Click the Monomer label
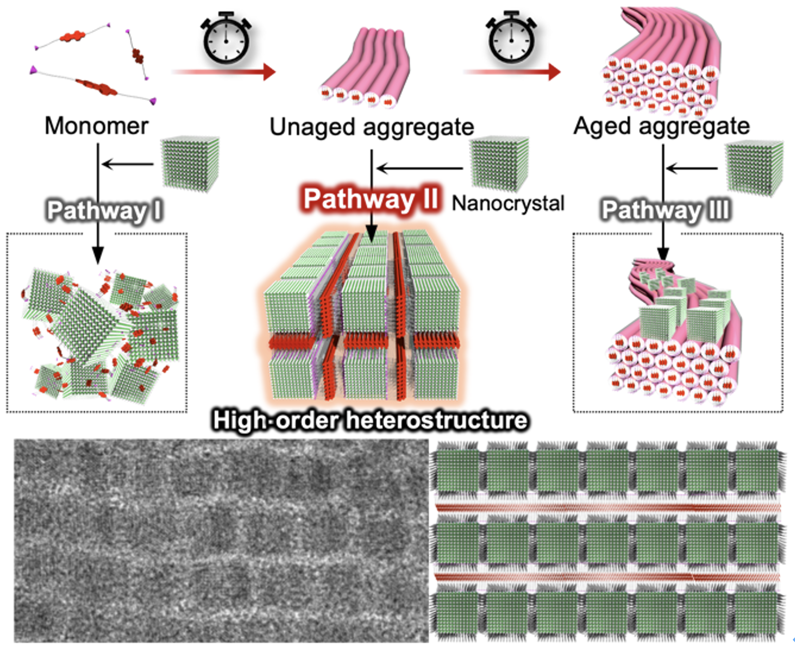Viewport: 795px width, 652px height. (x=96, y=126)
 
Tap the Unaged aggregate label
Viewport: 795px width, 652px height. (x=372, y=127)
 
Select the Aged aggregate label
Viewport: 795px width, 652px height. (x=661, y=126)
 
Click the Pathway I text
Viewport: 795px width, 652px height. (x=104, y=210)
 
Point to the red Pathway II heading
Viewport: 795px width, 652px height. (x=370, y=200)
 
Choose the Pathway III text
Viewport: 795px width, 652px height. (x=666, y=210)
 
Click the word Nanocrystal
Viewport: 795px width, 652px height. (x=508, y=203)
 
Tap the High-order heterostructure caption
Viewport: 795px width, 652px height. (x=369, y=420)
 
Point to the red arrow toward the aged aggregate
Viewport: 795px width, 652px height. (x=512, y=72)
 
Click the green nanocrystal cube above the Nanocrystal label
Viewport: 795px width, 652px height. (x=499, y=163)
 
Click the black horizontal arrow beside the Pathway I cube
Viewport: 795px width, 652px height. (x=127, y=164)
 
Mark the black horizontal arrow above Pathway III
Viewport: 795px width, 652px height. (x=692, y=169)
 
